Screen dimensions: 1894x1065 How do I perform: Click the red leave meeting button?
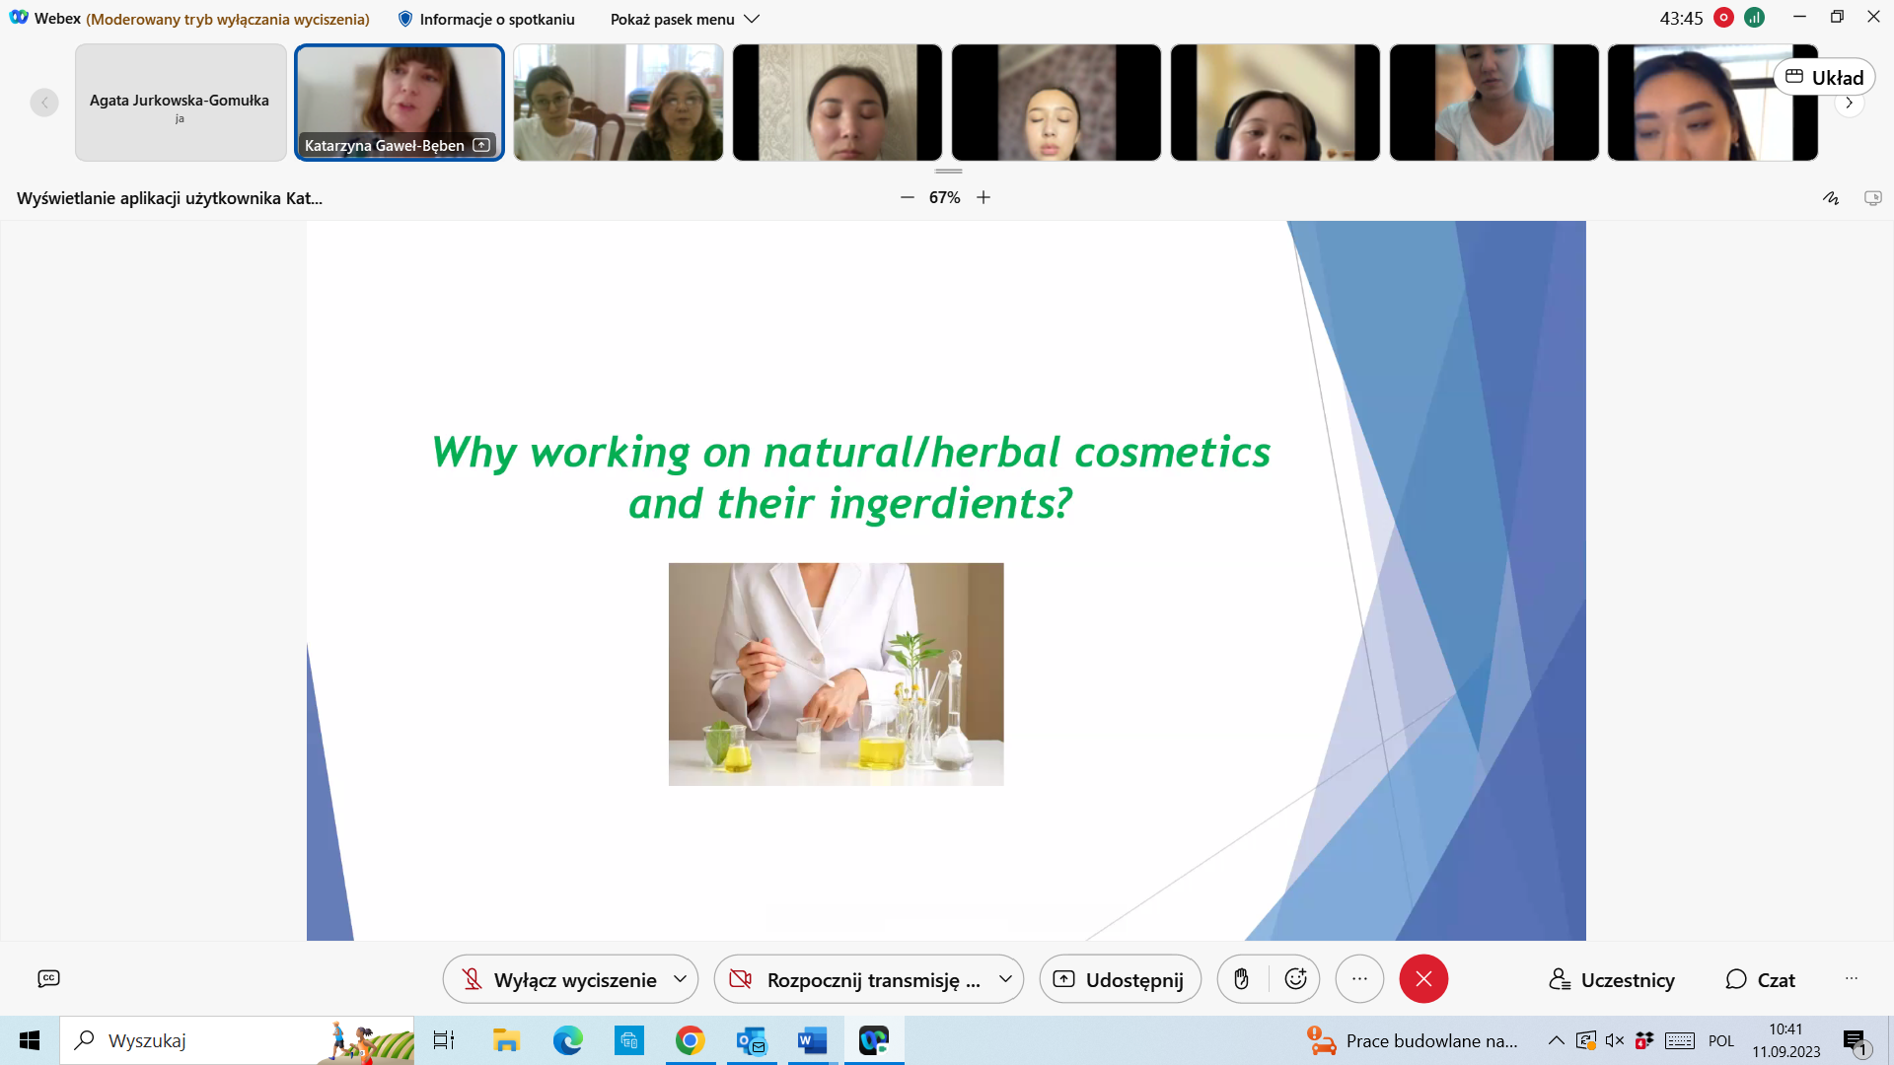point(1423,979)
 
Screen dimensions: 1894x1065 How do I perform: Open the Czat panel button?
point(1760,980)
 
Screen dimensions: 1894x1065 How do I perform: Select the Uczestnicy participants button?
point(1612,980)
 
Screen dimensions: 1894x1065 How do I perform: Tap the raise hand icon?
point(1242,979)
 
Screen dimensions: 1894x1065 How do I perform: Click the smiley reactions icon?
point(1295,979)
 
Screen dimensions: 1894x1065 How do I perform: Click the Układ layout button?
point(1824,77)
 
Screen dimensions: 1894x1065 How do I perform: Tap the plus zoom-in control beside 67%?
point(983,197)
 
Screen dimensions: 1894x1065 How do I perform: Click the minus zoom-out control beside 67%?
point(908,197)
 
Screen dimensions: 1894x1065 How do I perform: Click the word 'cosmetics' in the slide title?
point(1172,452)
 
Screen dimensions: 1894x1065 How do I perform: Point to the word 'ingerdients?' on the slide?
point(950,504)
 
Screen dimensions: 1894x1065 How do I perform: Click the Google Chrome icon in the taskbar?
point(690,1040)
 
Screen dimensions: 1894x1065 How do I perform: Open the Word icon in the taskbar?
point(812,1040)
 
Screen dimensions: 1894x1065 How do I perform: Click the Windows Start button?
point(30,1040)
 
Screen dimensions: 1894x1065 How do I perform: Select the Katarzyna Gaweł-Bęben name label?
point(384,146)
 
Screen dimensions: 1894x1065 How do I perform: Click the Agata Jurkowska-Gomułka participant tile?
point(181,103)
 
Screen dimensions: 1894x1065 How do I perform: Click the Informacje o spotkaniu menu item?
point(486,19)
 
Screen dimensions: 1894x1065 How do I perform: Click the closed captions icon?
point(48,978)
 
